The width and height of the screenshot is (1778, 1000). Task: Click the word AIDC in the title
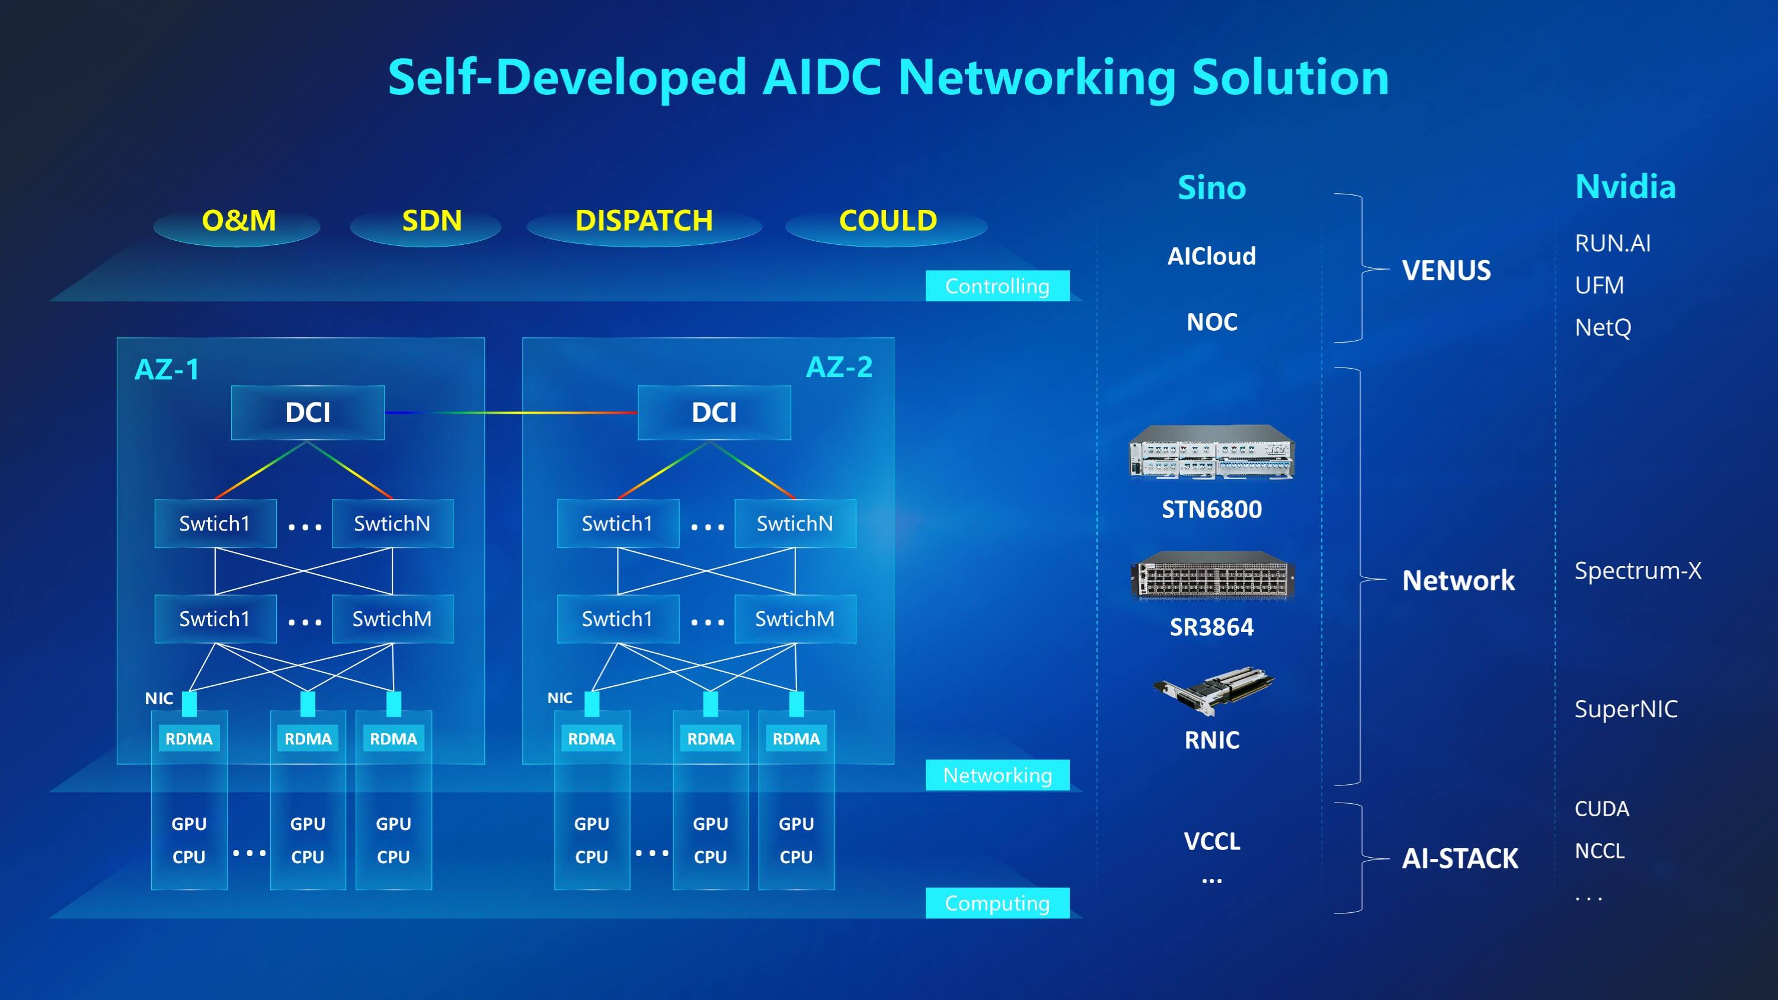pos(821,77)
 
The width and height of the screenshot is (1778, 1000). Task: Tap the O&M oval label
pos(238,221)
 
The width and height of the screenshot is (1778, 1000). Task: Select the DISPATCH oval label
pos(643,221)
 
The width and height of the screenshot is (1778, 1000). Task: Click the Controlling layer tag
pos(997,286)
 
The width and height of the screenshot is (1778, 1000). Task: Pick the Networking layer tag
pos(997,775)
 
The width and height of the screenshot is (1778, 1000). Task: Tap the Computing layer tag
pos(997,903)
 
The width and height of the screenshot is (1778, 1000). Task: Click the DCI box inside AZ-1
pos(307,413)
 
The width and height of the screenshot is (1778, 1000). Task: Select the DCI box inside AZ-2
pos(714,413)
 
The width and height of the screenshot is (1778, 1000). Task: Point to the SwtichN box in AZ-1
pos(392,524)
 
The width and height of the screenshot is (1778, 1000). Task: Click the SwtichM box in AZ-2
pos(794,619)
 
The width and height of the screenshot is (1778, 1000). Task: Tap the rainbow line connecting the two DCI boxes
pos(511,413)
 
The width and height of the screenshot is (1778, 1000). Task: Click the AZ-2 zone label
pos(839,367)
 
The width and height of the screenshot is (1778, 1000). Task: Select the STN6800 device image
pos(1211,452)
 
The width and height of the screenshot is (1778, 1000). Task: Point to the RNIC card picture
pos(1213,690)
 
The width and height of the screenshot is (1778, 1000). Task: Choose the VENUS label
pos(1446,270)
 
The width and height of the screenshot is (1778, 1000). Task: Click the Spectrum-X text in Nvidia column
pos(1637,571)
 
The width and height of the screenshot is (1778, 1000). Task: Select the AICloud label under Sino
pos(1211,256)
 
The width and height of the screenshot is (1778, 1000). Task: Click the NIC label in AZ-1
pos(159,698)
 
